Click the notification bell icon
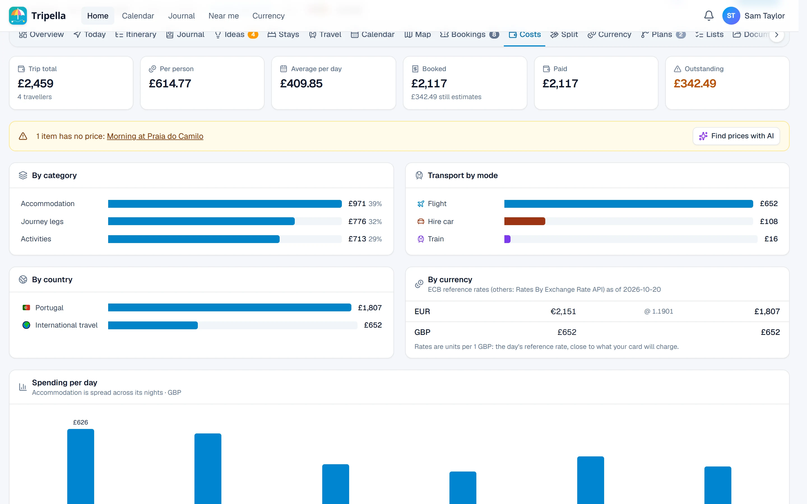pos(709,16)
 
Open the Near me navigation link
pos(223,16)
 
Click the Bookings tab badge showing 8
pos(494,34)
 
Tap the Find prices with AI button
pos(736,136)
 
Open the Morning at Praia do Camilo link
pos(155,136)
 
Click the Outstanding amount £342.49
pos(695,83)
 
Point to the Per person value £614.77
pos(170,83)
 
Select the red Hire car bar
pos(525,221)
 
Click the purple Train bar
pos(507,239)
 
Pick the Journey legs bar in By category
pos(201,221)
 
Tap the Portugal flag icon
pos(26,308)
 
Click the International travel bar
pos(153,325)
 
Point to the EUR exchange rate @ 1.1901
pos(658,311)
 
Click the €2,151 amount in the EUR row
pos(563,311)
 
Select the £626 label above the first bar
pos(80,422)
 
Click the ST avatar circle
pos(731,16)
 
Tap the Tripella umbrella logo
pos(18,16)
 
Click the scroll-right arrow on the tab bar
pos(777,35)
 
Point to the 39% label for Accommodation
pos(375,204)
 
